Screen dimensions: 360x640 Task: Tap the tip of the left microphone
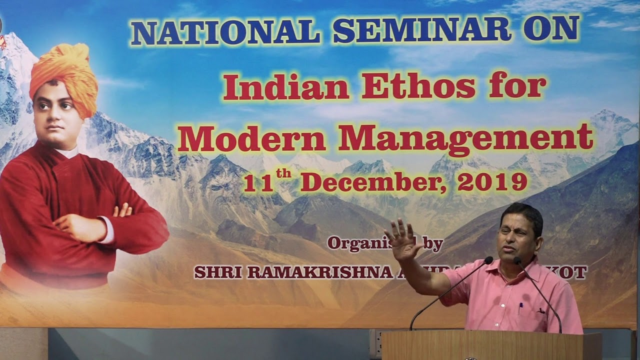coord(488,259)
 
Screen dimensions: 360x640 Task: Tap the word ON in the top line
coord(551,30)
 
